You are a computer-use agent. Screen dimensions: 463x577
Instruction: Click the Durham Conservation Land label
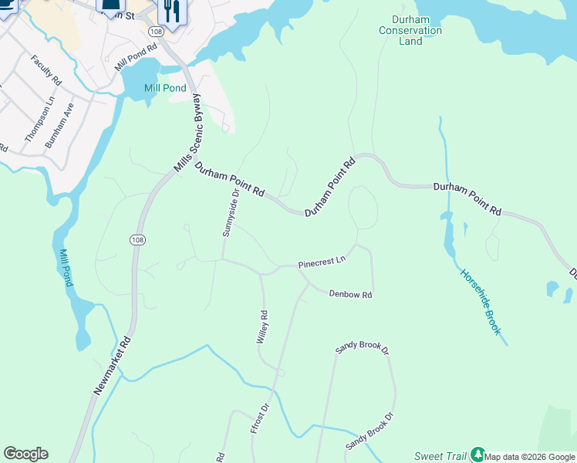tap(410, 31)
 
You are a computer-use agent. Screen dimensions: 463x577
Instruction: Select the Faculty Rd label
tap(46, 69)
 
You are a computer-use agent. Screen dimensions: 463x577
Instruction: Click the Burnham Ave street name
tap(59, 125)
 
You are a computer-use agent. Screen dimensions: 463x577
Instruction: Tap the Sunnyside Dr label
tap(230, 212)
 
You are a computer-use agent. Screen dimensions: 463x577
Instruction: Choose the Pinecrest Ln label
tap(321, 264)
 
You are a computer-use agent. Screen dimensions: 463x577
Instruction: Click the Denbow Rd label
tap(350, 295)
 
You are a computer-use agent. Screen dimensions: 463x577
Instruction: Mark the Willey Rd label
tap(263, 327)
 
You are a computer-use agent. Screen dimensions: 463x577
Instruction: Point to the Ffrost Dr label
tap(259, 417)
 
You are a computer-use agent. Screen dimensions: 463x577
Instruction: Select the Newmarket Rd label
tap(113, 366)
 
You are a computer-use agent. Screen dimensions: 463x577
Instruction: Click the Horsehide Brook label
tap(481, 302)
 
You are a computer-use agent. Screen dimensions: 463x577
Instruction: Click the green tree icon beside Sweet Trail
tap(477, 455)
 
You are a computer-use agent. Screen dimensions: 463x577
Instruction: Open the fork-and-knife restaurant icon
tap(170, 11)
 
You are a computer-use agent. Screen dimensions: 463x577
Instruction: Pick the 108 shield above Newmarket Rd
tap(137, 240)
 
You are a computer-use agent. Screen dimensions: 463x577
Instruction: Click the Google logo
tap(25, 454)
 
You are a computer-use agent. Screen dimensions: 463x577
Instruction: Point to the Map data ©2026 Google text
tap(530, 457)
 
